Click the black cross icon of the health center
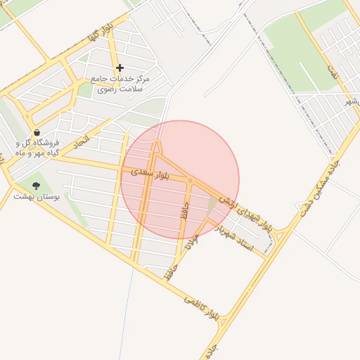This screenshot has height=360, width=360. coord(120,68)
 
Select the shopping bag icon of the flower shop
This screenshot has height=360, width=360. coord(36,131)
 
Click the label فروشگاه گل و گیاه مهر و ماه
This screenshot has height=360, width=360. coord(37,147)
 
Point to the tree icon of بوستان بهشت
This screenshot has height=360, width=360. coord(36,186)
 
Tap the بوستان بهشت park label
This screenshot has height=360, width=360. coord(37,196)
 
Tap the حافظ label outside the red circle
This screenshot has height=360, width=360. coord(169,273)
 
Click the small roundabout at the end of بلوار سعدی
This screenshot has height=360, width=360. coord(190,181)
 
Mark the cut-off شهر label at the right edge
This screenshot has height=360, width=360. coord(352,103)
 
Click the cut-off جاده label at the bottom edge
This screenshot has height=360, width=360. coord(212,349)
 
